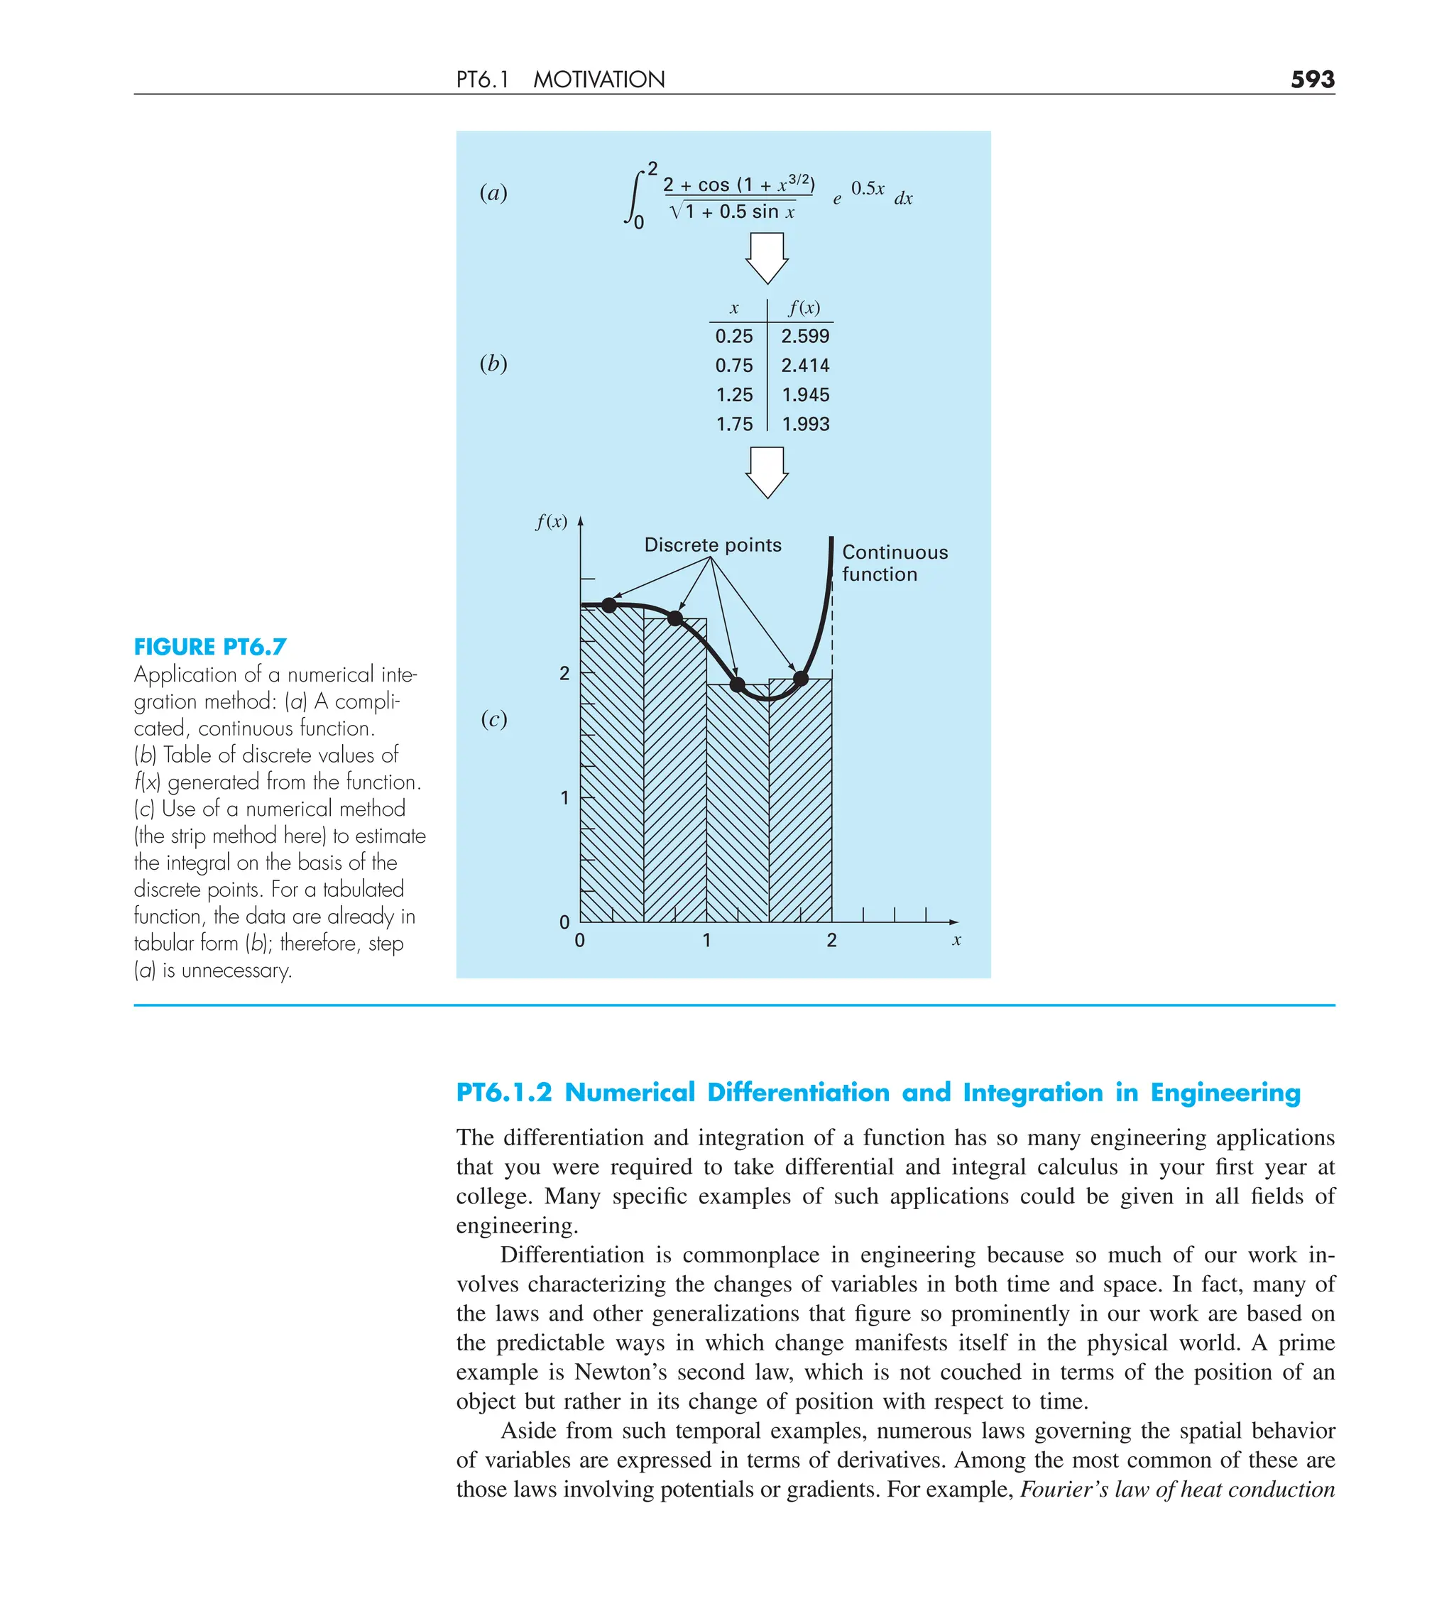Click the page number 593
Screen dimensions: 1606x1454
1311,79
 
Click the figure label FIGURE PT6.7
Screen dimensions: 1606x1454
209,646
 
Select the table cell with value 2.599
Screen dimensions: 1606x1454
804,336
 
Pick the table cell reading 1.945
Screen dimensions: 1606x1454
804,395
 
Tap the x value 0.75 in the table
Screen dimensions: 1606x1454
733,366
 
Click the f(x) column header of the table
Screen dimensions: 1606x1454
803,307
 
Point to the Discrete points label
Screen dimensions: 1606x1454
712,545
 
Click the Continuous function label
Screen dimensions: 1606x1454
894,562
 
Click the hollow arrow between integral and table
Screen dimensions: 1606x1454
767,257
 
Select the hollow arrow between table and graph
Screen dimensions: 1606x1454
767,471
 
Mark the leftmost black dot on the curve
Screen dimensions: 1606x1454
609,606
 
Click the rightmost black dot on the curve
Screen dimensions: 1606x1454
802,679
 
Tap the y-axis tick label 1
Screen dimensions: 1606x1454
564,797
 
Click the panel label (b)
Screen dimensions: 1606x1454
493,364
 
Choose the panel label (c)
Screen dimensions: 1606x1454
493,719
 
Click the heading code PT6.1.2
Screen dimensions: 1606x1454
503,1092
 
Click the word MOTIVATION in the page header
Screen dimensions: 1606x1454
598,80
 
